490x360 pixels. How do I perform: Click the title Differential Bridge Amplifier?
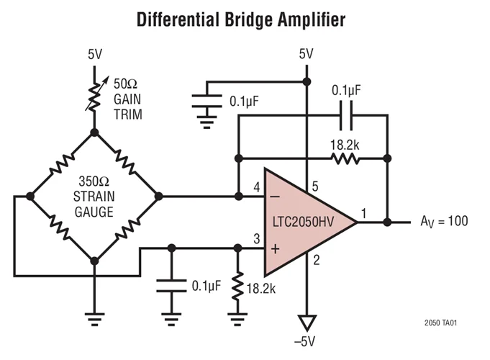point(241,20)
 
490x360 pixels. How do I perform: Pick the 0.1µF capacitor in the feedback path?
point(347,114)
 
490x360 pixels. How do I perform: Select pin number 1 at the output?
point(363,212)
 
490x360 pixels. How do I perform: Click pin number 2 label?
point(314,260)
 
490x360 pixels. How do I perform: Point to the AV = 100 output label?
point(443,221)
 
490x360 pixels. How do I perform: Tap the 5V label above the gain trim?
point(95,54)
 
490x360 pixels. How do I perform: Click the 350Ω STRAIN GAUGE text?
point(94,195)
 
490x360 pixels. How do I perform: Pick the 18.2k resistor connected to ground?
point(237,285)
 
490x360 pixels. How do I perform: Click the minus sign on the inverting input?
point(275,196)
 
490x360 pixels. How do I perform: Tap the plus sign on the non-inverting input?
point(275,248)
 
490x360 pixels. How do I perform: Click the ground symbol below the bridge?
point(94,315)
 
